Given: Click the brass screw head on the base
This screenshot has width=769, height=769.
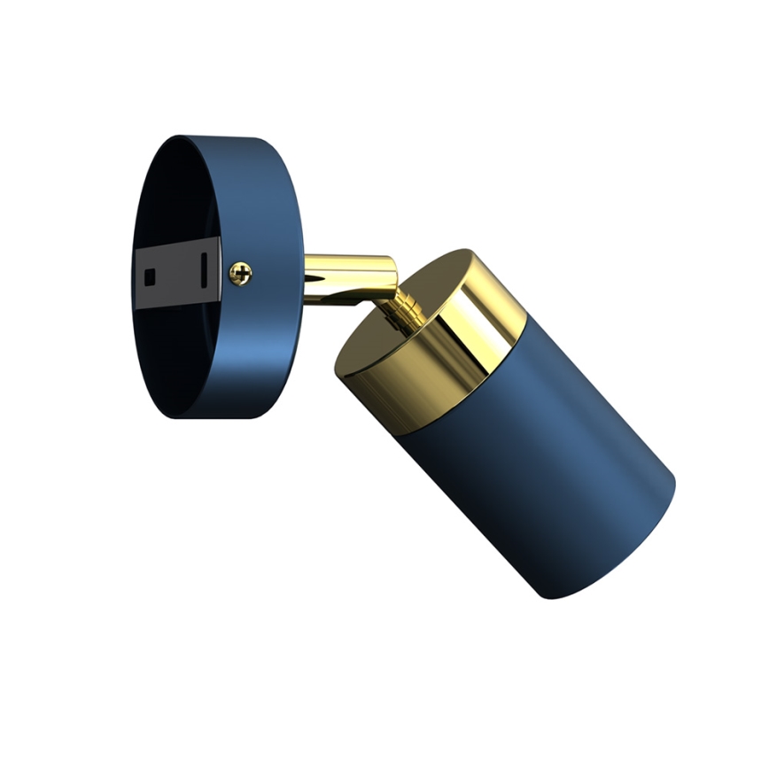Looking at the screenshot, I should tap(240, 274).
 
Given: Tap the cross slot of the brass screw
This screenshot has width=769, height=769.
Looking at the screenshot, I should tap(240, 274).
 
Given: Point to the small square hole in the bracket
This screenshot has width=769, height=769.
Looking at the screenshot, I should tap(150, 276).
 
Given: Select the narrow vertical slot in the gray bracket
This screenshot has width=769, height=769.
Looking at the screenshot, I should tap(204, 269).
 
